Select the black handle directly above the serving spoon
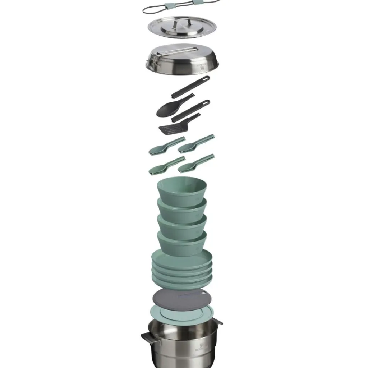(x=190, y=87)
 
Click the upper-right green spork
(x=196, y=144)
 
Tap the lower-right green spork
(x=196, y=163)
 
